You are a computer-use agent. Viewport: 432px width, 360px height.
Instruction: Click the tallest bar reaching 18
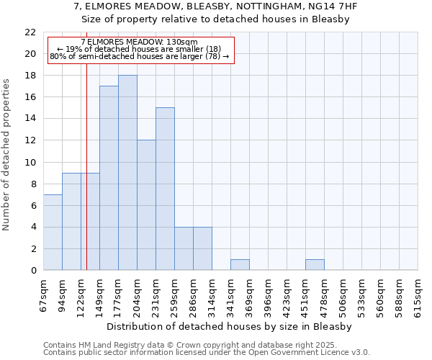(127, 173)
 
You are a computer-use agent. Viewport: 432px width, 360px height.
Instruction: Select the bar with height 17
(109, 178)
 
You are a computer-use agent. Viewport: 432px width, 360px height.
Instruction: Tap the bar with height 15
(165, 189)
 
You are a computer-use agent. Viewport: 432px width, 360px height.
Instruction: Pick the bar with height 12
(146, 205)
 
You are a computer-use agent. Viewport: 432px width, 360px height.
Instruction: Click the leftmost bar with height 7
(53, 232)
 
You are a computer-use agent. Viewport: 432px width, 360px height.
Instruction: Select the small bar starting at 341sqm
(240, 264)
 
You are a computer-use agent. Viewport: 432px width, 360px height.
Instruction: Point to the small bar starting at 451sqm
(315, 264)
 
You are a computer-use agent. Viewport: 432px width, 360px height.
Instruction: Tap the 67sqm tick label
(44, 295)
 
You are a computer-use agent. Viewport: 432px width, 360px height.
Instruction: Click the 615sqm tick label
(418, 295)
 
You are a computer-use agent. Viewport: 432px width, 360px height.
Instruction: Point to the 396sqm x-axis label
(269, 295)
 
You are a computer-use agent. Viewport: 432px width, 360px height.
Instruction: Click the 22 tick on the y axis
(30, 32)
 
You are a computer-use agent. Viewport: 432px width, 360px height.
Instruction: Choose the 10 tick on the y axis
(30, 163)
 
